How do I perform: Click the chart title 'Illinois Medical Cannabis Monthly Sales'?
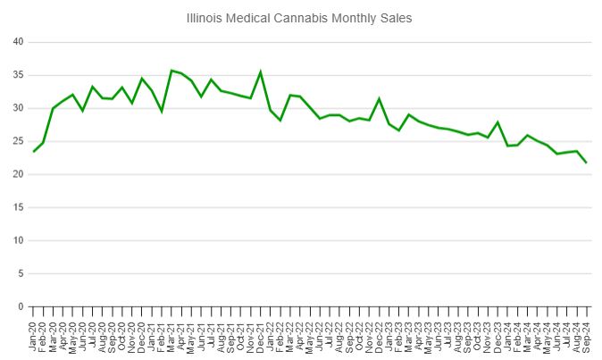point(300,18)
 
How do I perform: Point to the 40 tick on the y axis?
point(19,42)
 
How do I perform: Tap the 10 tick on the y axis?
point(19,240)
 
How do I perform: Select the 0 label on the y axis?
point(21,306)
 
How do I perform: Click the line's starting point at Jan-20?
point(34,151)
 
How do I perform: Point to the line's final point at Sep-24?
point(587,163)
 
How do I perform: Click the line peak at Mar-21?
point(171,71)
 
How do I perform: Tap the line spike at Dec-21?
point(261,72)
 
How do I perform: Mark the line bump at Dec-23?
point(497,122)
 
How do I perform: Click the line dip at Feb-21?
point(162,111)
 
